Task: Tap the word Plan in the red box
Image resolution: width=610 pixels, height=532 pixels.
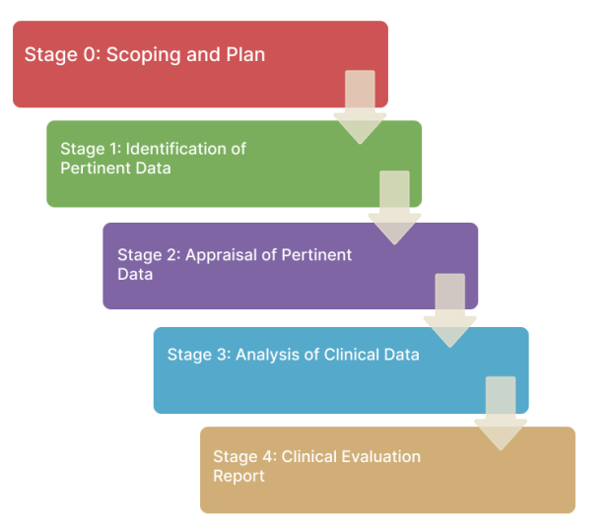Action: tap(244, 55)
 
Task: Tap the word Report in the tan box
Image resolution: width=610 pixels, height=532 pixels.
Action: tap(238, 476)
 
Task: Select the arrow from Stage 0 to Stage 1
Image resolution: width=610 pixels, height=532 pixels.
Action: tap(360, 106)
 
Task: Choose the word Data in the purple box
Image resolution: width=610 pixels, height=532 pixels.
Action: tap(135, 275)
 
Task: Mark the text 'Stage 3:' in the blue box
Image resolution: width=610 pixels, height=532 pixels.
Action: tap(198, 355)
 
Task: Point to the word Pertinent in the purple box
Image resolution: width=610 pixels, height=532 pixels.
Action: tap(316, 255)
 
